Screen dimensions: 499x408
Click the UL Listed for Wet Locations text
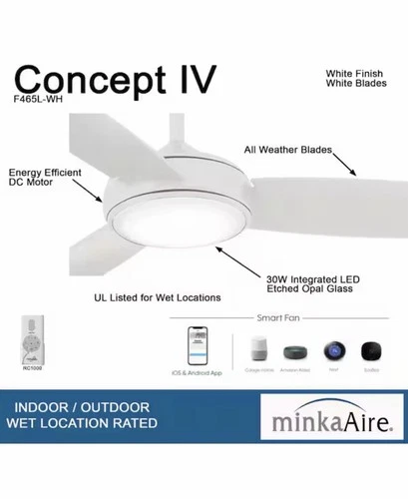click(x=157, y=297)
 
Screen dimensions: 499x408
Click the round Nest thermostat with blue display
click(x=332, y=351)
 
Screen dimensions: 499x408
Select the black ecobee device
click(x=371, y=351)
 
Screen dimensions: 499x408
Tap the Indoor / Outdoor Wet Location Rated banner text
click(x=82, y=416)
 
